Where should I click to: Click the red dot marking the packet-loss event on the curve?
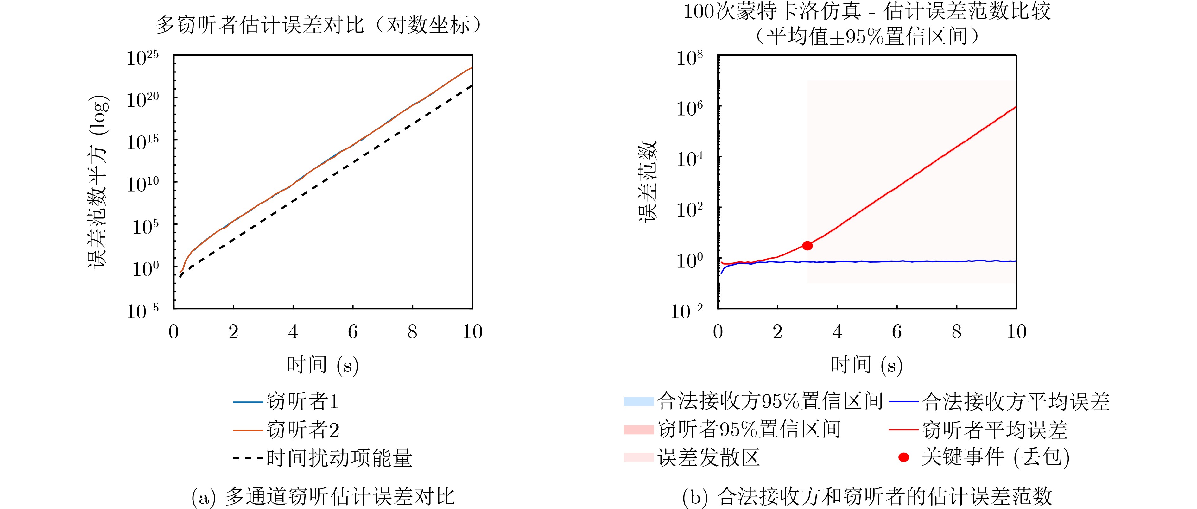tap(807, 246)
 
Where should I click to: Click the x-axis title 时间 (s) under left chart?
tap(322, 365)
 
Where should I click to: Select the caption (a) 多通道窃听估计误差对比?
tap(323, 496)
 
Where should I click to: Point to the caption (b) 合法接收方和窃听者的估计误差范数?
tap(867, 496)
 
